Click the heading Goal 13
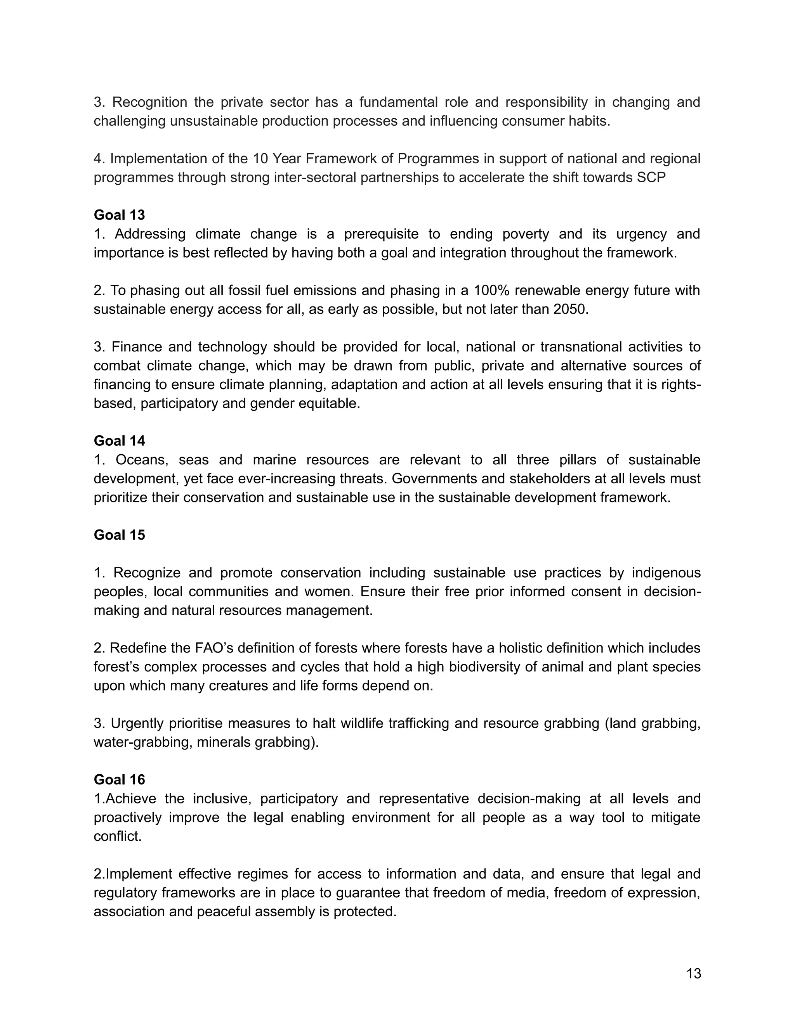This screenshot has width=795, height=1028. [119, 215]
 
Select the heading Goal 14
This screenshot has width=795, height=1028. [119, 441]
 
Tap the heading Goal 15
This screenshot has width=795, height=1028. [119, 535]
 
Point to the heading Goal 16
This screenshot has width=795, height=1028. [119, 780]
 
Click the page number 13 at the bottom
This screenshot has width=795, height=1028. [694, 974]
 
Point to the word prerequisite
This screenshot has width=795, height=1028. [381, 234]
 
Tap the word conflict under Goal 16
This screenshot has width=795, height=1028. [117, 836]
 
